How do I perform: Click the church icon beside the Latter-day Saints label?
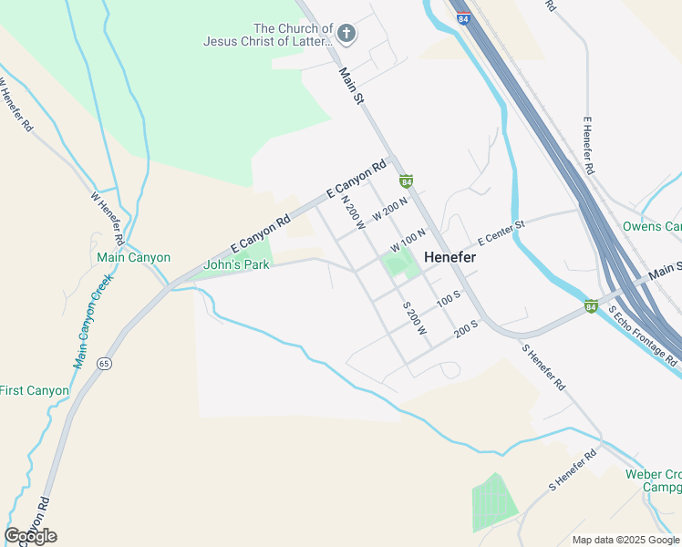(x=346, y=35)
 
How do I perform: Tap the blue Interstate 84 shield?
(x=465, y=16)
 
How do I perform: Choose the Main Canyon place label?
(x=133, y=258)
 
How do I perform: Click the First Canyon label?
(x=34, y=391)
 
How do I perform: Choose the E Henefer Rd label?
(x=588, y=146)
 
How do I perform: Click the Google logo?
(x=31, y=536)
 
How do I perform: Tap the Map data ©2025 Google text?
(x=625, y=540)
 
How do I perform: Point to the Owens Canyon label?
(x=651, y=226)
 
